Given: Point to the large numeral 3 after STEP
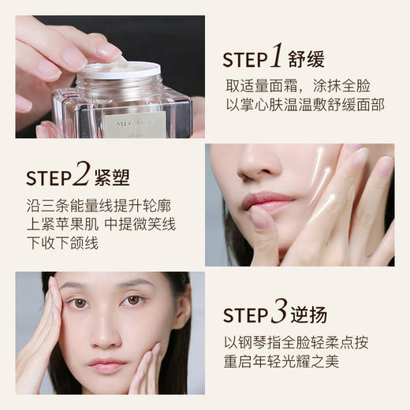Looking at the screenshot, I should coord(277,312).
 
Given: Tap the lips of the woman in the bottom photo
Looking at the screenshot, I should coord(106,364).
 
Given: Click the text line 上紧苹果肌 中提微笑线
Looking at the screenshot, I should coord(101,225).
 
